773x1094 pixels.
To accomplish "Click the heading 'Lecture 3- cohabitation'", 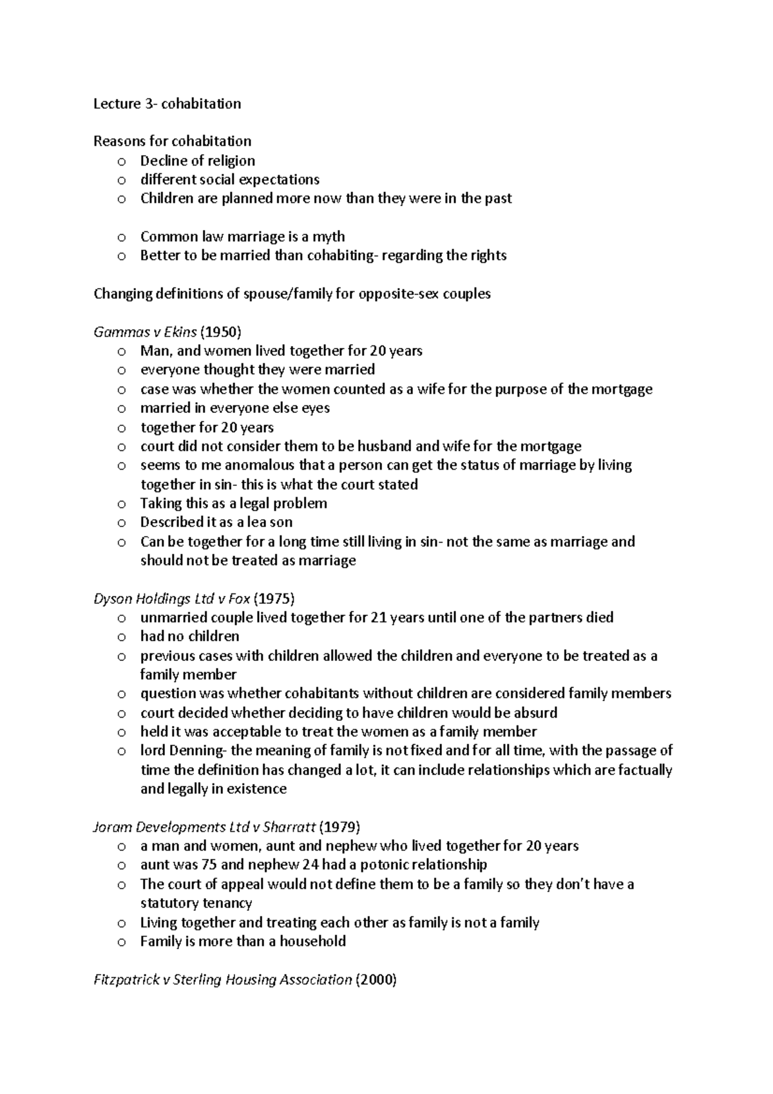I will [167, 104].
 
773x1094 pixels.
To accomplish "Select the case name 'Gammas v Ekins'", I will [146, 332].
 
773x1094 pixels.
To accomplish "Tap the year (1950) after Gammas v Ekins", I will [222, 332].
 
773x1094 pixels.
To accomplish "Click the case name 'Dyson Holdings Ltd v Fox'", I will [172, 599].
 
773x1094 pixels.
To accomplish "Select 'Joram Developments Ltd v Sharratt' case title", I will [205, 827].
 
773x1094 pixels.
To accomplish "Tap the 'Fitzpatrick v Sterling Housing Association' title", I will [223, 980].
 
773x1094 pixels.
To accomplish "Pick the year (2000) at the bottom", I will [377, 980].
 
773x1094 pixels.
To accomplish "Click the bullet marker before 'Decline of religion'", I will [122, 161].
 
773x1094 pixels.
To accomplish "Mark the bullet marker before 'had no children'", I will [122, 637].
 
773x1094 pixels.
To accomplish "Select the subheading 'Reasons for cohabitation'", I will [173, 141].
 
